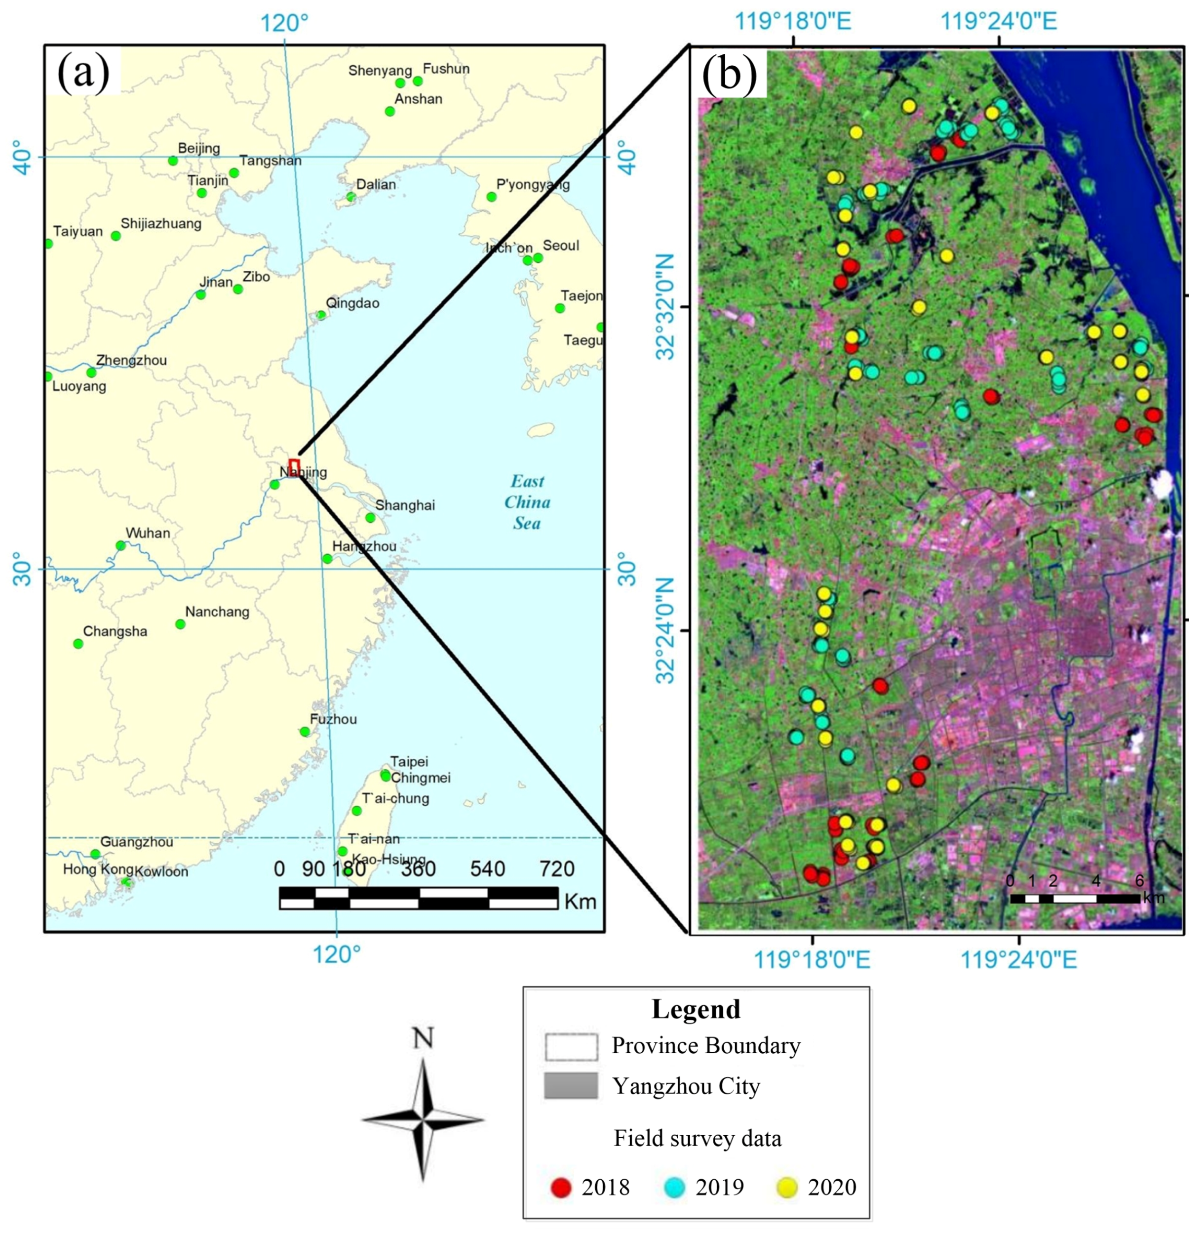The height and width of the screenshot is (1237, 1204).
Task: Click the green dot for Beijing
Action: (173, 161)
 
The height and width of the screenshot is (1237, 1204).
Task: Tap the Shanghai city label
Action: (405, 505)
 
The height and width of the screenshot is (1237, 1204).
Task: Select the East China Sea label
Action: (527, 502)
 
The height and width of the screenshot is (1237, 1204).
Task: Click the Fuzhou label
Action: (333, 719)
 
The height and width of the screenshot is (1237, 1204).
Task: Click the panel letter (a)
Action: (83, 72)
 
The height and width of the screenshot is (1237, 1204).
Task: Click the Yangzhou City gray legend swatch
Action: (570, 1086)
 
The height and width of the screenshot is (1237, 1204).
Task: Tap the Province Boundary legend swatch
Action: (570, 1046)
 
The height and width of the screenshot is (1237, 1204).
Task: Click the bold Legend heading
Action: (696, 1009)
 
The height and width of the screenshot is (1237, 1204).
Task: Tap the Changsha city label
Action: (115, 631)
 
